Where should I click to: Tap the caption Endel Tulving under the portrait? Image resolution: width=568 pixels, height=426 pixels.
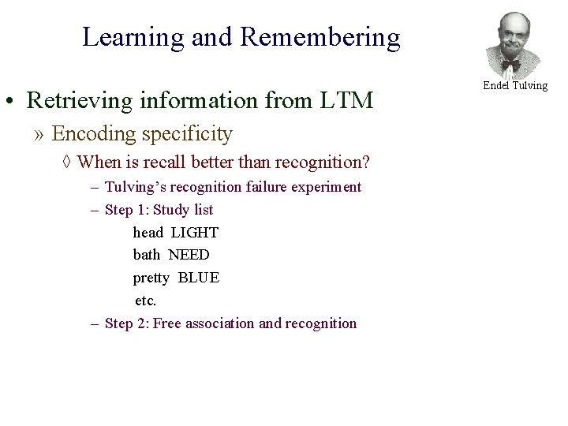tap(515, 85)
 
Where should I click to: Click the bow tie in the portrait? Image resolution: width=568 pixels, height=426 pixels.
tap(511, 63)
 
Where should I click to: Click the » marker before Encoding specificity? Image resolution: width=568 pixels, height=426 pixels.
tap(40, 134)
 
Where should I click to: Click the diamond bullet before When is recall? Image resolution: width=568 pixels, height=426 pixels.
tap(67, 163)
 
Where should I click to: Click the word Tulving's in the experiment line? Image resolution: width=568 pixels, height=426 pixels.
tap(136, 187)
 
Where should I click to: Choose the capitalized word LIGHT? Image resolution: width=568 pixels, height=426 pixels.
tap(194, 233)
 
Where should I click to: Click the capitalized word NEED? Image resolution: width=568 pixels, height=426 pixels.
tap(189, 255)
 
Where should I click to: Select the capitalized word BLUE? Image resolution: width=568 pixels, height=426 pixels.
tap(199, 278)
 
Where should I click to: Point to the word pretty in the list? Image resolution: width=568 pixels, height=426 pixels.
tap(151, 278)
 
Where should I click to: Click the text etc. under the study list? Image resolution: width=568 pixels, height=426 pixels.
tap(146, 301)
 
